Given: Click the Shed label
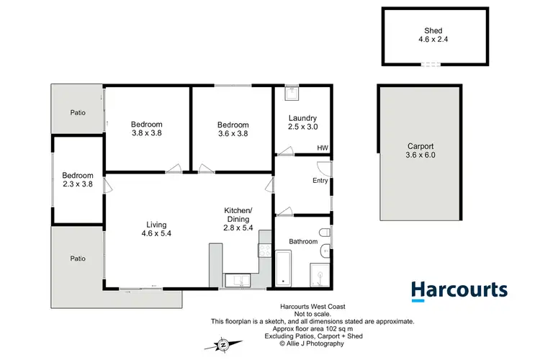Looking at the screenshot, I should click(x=432, y=30).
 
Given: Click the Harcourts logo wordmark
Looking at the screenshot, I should click(x=459, y=291).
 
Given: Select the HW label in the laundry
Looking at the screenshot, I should click(x=323, y=148).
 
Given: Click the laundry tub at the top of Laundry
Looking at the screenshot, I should click(x=292, y=92).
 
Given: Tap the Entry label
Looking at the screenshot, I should click(x=320, y=181).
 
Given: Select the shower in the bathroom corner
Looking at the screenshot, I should click(x=318, y=274).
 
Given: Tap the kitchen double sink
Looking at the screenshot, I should click(x=236, y=280).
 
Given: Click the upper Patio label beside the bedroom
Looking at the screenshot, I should click(x=78, y=112).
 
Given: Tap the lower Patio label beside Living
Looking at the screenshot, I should click(x=78, y=258).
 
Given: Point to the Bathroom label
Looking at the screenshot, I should click(x=303, y=241).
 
